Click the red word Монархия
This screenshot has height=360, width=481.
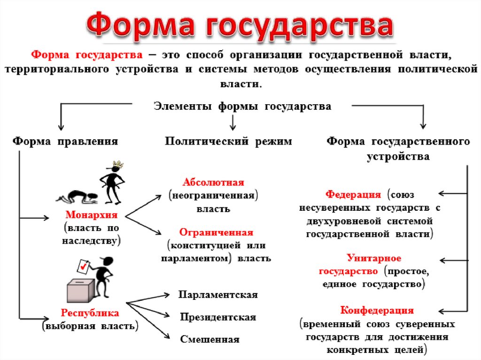click(92, 215)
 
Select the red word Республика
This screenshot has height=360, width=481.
click(90, 313)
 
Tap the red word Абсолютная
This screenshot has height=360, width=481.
click(214, 182)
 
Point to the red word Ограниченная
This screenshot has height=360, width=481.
click(217, 233)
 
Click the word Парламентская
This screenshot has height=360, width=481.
click(218, 295)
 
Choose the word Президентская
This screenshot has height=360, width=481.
click(218, 317)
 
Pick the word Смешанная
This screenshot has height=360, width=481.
click(209, 339)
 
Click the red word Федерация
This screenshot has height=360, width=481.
click(353, 194)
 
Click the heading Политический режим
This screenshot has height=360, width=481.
click(228, 141)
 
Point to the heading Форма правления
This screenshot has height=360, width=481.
click(65, 141)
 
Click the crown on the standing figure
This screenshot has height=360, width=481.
click(117, 165)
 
